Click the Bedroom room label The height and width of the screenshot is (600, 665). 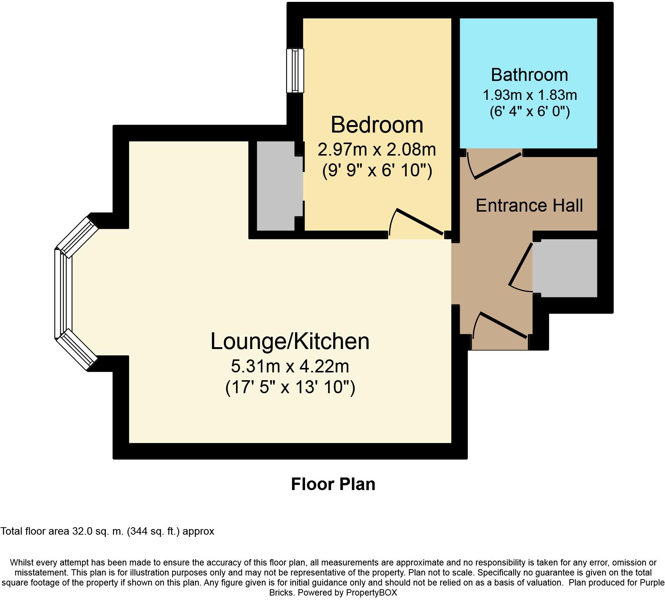377,125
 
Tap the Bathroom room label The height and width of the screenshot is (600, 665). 530,75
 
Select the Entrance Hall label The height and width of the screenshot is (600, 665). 529,205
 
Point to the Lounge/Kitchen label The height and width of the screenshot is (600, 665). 290,342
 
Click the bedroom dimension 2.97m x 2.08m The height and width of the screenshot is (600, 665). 377,149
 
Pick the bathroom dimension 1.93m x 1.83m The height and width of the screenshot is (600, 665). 530,95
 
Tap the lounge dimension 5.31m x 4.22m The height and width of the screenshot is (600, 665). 290,366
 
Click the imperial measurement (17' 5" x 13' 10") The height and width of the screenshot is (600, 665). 290,387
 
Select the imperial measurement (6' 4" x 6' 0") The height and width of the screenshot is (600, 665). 530,111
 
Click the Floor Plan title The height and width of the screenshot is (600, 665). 333,484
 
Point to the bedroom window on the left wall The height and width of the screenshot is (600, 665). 295,71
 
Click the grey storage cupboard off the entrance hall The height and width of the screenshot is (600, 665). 565,268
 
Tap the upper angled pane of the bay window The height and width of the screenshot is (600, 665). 77,237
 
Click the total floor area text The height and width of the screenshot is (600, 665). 107,531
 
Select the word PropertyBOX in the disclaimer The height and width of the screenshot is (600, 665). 371,593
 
